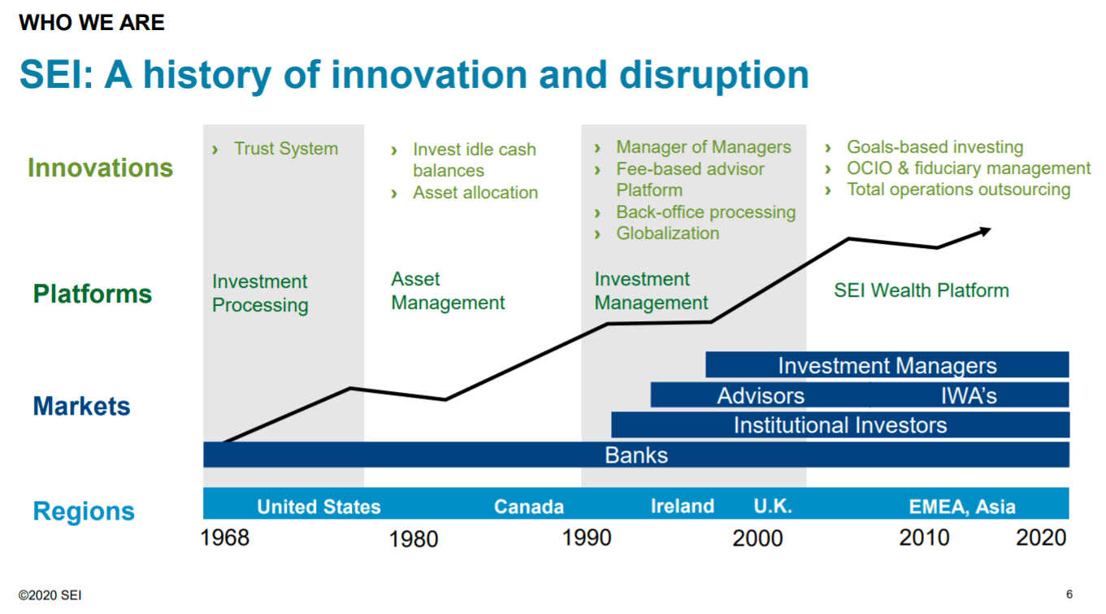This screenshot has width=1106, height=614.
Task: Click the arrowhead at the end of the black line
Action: pos(985,231)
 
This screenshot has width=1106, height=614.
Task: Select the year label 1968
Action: pos(225,538)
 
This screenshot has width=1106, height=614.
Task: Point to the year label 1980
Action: pos(414,539)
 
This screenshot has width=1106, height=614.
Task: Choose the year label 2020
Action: pos(1041,538)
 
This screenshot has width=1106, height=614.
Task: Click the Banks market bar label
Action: pos(636,455)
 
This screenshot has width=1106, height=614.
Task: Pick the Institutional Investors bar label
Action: pos(840,425)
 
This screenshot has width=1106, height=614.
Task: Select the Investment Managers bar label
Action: pos(887,365)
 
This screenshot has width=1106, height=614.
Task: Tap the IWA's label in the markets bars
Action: pos(969,395)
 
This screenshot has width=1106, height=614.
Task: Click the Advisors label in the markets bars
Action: pos(761,395)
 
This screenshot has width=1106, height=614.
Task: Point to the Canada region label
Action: pos(529,507)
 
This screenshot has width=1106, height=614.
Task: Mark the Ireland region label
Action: pos(683,506)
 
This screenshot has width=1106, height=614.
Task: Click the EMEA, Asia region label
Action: pos(962,507)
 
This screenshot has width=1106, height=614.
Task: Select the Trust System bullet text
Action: pos(285,149)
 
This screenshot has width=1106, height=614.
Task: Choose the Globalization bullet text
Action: pos(667,233)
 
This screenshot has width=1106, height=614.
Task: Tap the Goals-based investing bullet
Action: pos(935,147)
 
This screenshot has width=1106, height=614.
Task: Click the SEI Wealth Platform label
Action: pos(922,290)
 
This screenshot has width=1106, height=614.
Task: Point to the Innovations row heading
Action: pos(100,168)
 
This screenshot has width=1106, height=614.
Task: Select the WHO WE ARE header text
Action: pos(92,23)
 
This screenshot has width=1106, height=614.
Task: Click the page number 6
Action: pos(1069,594)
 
